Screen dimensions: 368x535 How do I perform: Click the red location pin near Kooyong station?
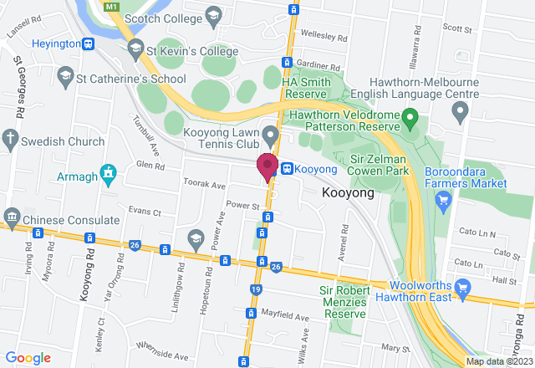tap(267, 166)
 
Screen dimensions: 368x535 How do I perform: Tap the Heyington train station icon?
tap(88, 43)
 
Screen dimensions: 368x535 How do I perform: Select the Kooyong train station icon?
tap(287, 168)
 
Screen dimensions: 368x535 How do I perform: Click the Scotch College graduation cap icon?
tap(215, 16)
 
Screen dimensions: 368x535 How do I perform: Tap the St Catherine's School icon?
tap(64, 79)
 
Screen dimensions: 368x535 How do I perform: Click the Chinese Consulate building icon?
tap(11, 219)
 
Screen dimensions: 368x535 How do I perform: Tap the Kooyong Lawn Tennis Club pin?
tap(270, 134)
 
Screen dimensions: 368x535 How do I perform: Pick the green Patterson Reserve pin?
tap(410, 115)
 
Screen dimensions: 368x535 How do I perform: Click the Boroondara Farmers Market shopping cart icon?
tap(444, 199)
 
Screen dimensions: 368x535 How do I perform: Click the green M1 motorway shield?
tap(112, 6)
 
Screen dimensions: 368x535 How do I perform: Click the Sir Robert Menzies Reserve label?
tap(344, 301)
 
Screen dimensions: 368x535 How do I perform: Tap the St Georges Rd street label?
tap(18, 88)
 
